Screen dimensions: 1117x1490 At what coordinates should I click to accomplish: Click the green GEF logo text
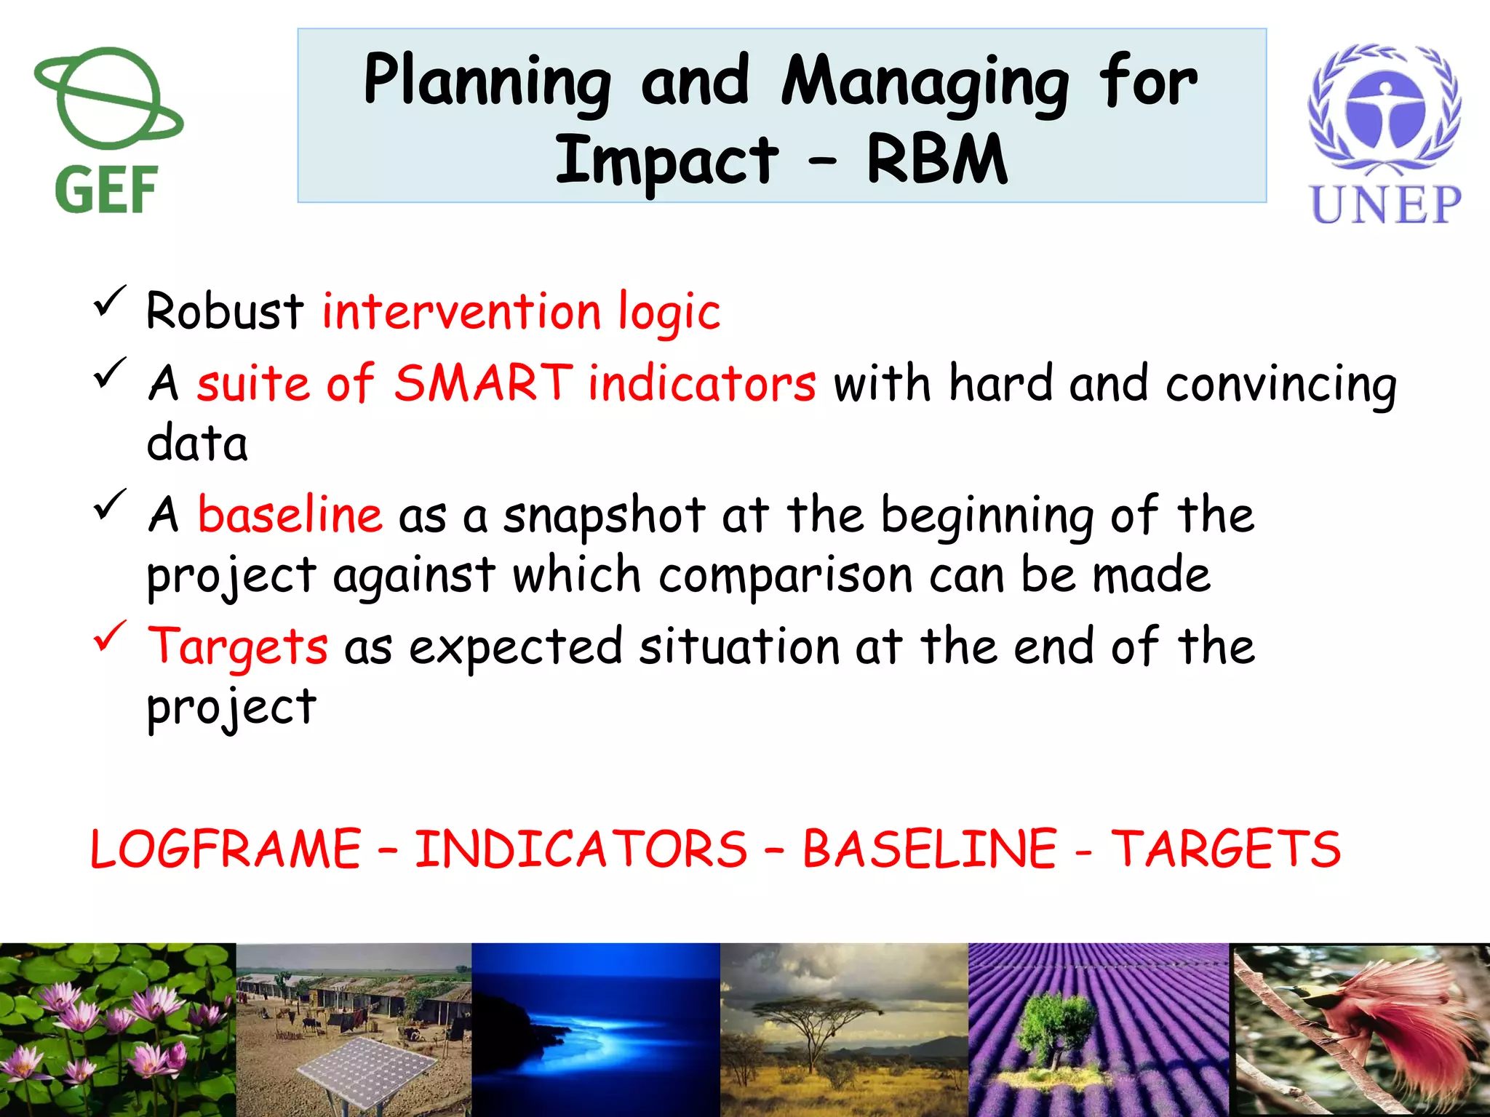click(106, 190)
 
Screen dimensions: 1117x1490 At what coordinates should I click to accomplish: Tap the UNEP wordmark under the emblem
click(1385, 205)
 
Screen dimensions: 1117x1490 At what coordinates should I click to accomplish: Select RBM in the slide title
click(936, 161)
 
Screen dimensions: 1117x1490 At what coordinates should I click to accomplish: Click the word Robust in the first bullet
click(224, 312)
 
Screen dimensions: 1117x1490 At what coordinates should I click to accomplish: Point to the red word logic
click(669, 312)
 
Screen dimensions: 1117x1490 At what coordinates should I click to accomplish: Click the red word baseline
click(290, 515)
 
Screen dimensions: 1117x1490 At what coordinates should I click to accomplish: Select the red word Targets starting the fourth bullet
click(237, 646)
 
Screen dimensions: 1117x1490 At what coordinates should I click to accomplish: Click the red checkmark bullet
click(110, 636)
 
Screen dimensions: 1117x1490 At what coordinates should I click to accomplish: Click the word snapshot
click(603, 515)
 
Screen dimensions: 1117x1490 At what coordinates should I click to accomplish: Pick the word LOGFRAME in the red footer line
click(226, 849)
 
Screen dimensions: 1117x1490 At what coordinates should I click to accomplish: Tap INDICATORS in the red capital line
click(581, 849)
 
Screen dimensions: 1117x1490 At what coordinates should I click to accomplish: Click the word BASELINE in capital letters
click(929, 849)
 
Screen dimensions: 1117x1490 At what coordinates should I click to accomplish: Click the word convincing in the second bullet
click(1280, 383)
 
